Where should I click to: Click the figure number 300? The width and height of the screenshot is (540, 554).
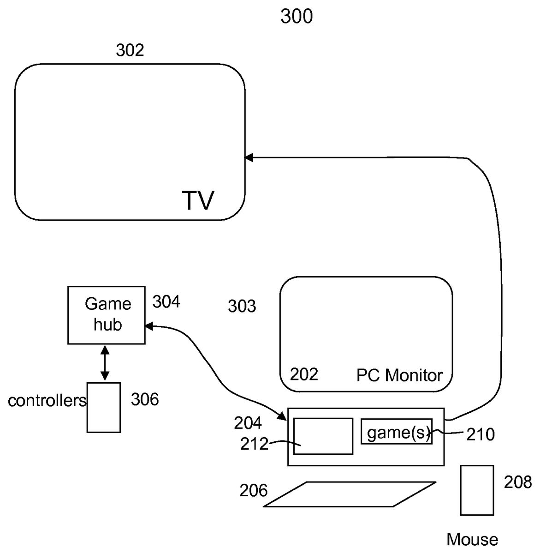click(x=297, y=17)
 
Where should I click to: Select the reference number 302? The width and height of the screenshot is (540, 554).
click(x=130, y=50)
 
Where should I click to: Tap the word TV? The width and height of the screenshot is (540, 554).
click(x=198, y=200)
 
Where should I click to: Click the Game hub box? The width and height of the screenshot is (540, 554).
click(x=107, y=315)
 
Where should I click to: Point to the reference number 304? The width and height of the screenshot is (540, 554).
click(x=166, y=302)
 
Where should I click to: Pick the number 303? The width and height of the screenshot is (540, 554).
click(x=242, y=306)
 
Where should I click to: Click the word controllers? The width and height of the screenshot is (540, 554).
click(x=47, y=401)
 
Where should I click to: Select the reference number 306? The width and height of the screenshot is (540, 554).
click(x=145, y=399)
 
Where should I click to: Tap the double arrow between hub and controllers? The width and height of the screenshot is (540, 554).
click(x=105, y=363)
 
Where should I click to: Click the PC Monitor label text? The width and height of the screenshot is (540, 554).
click(x=399, y=375)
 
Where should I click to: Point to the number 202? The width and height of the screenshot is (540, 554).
click(x=304, y=374)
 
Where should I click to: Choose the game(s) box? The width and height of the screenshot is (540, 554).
click(x=397, y=432)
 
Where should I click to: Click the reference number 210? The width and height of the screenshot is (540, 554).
click(x=481, y=434)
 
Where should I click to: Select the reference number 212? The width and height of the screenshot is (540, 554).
click(x=254, y=444)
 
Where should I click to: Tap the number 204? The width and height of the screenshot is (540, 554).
click(x=248, y=423)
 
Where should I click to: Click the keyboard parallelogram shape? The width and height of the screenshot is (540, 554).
click(x=350, y=494)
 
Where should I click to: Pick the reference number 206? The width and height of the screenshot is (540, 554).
click(x=253, y=490)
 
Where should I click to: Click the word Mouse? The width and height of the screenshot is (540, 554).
click(x=472, y=539)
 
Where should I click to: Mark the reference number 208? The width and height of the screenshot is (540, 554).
click(x=517, y=482)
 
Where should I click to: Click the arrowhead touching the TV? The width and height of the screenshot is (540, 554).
click(x=249, y=158)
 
